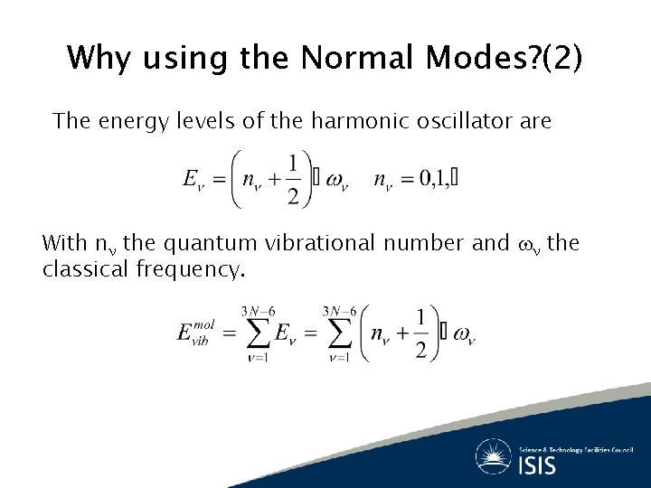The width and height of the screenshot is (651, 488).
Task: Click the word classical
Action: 84,269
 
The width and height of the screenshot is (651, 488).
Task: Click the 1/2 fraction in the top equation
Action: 293,179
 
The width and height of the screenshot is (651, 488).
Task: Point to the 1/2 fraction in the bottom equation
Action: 420,334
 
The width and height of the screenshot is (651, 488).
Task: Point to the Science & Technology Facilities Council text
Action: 575,448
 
